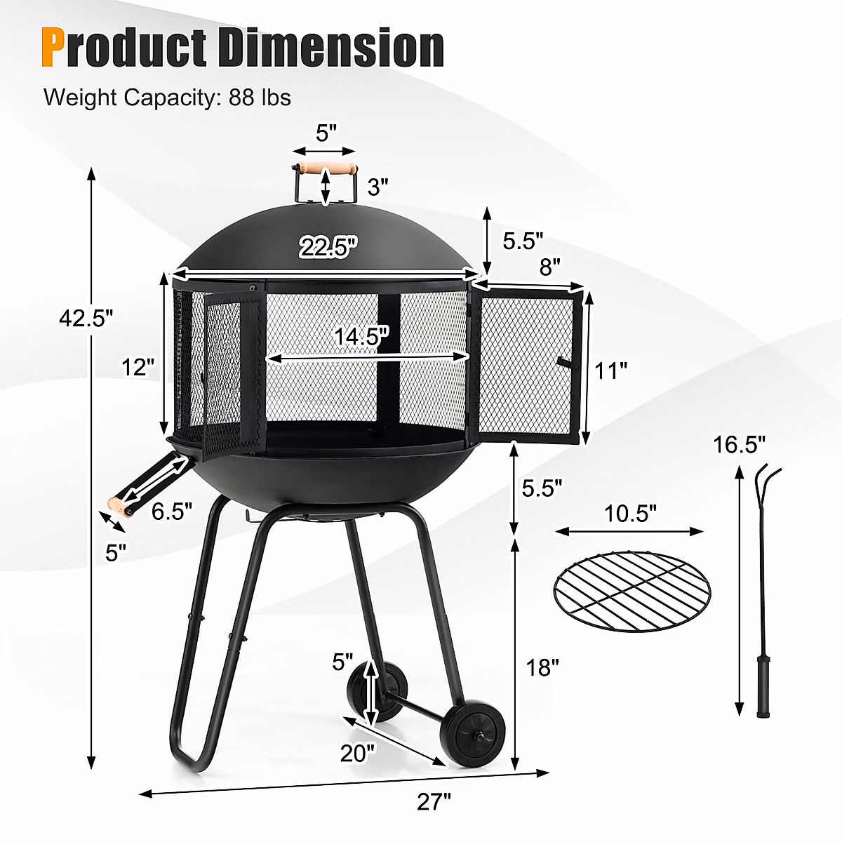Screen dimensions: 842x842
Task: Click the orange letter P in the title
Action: [53, 48]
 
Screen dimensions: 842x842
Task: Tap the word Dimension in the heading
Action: [332, 47]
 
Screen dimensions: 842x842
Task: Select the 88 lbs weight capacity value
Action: [260, 97]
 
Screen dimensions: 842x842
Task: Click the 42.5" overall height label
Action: [86, 318]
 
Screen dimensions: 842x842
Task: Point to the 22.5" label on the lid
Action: [328, 247]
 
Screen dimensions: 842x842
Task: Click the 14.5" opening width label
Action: [361, 337]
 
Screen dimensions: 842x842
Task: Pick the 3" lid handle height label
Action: [377, 187]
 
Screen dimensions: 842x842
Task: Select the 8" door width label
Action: [549, 267]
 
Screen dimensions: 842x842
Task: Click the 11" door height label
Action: [610, 370]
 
